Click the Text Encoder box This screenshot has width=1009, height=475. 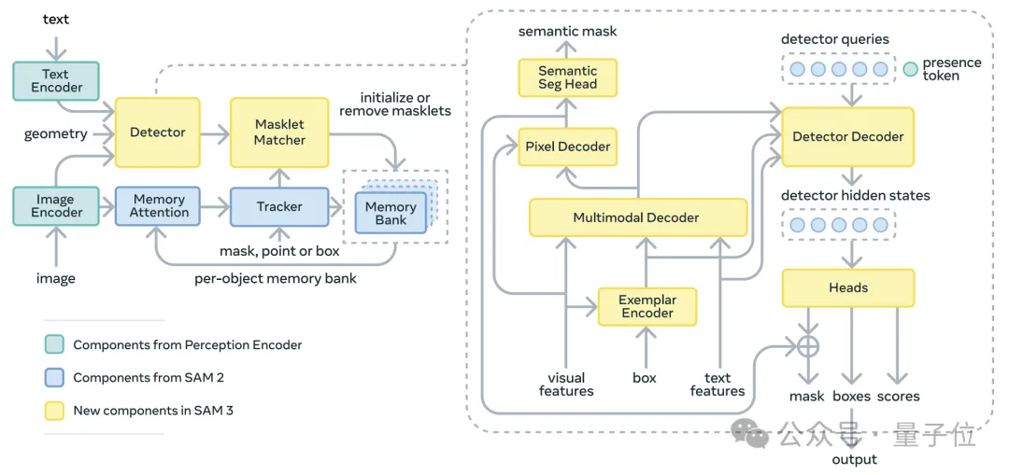coord(56,80)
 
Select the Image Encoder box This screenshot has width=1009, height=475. coord(56,206)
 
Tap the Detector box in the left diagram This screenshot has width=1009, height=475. coord(157,133)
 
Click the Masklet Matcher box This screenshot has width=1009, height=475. coord(279,133)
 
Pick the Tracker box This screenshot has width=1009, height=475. coord(279,206)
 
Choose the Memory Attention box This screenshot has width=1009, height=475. coord(159,206)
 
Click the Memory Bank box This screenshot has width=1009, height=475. coord(390,214)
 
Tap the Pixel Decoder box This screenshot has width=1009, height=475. coord(567,147)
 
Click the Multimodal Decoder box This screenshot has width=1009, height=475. coord(637,217)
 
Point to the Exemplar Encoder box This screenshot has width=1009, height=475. coord(647,307)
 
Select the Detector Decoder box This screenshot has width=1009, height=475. coord(847,136)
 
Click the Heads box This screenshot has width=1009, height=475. coord(847,288)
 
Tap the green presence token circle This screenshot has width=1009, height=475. coord(910,69)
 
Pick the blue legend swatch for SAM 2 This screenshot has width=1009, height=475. coord(54,378)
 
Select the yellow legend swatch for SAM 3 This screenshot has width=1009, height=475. coord(54,411)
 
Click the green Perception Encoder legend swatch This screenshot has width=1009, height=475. coord(54,345)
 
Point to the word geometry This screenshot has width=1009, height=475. coord(56,133)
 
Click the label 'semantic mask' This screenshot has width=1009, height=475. coord(567,32)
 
